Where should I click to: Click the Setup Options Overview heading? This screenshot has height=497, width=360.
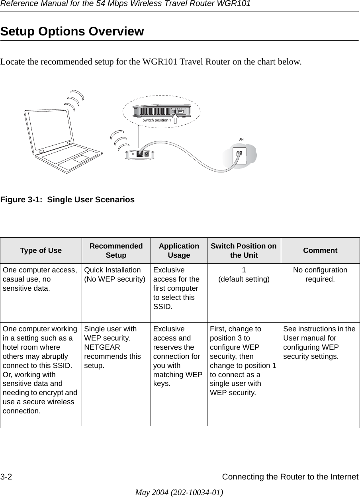[x=72, y=31]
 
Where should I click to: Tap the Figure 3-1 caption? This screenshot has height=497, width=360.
[x=67, y=200]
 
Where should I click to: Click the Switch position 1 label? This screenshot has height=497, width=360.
[x=157, y=120]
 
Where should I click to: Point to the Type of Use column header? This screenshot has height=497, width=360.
[x=41, y=250]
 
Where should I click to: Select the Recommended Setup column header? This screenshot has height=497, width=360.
[x=116, y=250]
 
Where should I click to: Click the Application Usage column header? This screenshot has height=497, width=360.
[x=179, y=250]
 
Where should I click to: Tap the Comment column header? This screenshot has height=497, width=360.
[x=320, y=250]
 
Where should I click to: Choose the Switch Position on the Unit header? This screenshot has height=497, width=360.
[x=244, y=250]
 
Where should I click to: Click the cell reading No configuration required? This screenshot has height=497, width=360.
[x=320, y=274]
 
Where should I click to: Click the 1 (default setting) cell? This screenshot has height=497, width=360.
[x=244, y=274]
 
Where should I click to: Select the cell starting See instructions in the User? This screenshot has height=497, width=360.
[x=320, y=342]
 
